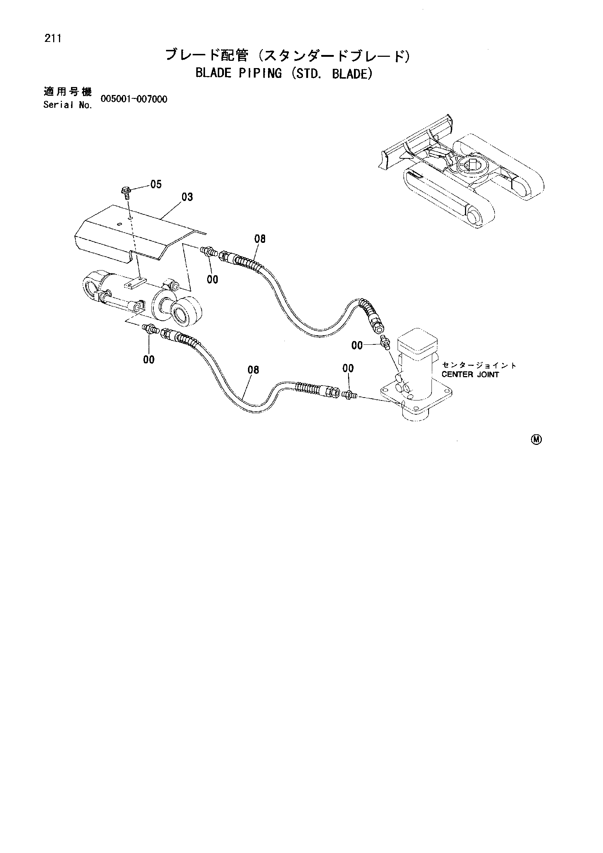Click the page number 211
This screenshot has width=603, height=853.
click(x=52, y=39)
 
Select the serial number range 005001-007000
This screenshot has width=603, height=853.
click(x=134, y=99)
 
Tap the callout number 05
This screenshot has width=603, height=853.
click(x=157, y=185)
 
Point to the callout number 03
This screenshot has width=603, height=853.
click(x=187, y=197)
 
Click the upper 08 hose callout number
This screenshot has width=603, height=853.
click(x=260, y=239)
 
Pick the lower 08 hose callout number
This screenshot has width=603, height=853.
click(x=253, y=370)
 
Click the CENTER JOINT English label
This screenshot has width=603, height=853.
click(x=470, y=375)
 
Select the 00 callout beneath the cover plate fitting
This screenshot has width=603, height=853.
click(x=213, y=279)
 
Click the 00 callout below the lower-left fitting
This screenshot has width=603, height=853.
click(x=149, y=360)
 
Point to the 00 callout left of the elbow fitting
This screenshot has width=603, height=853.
click(x=357, y=346)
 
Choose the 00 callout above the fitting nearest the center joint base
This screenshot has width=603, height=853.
click(x=348, y=368)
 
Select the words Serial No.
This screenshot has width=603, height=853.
click(x=67, y=105)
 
